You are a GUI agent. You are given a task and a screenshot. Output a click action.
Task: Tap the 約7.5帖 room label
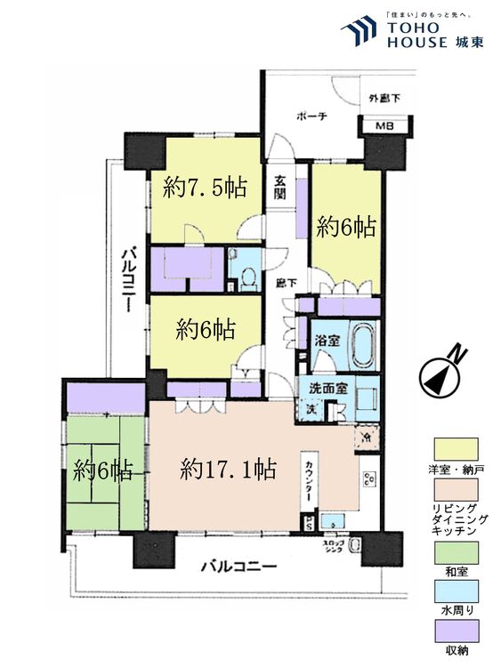(204, 188)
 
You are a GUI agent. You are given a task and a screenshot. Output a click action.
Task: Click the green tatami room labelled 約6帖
(103, 470)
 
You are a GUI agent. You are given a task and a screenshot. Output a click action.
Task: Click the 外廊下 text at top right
(384, 98)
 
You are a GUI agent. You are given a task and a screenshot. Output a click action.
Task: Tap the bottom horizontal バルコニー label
(238, 565)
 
